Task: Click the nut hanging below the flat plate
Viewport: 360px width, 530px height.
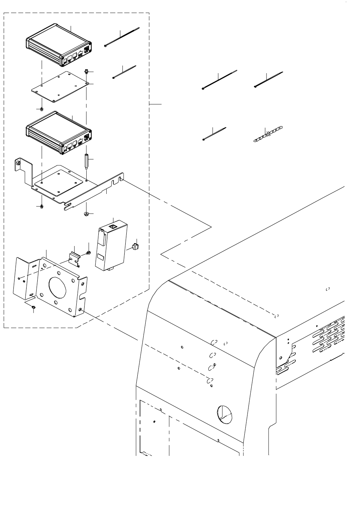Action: [41, 109]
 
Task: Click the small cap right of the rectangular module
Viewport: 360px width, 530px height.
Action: [135, 246]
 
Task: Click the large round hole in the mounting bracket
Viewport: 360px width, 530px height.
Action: [57, 286]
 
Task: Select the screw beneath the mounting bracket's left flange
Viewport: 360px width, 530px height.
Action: [34, 307]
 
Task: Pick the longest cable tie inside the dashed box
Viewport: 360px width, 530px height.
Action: [121, 37]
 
